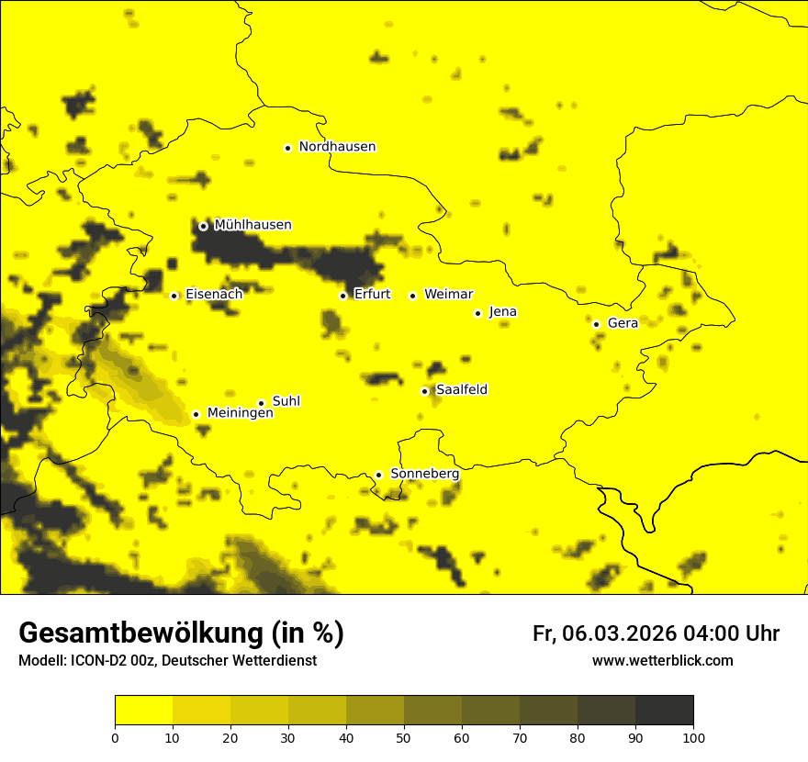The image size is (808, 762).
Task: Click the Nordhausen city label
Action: click(337, 147)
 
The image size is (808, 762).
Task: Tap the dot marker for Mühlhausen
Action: click(203, 226)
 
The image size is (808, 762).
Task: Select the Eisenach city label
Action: click(214, 295)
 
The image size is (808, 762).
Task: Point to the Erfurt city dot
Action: click(342, 296)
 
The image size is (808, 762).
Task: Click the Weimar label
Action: click(448, 295)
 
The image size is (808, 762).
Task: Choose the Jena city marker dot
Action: click(477, 313)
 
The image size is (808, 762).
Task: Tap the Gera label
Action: click(623, 323)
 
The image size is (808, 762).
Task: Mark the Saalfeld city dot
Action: click(424, 391)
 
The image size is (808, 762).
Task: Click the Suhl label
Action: click(286, 401)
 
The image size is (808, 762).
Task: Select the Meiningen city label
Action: click(241, 413)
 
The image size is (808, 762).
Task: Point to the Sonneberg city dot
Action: click(378, 475)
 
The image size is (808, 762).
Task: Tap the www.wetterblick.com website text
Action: click(662, 661)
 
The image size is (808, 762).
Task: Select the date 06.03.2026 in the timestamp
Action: click(619, 633)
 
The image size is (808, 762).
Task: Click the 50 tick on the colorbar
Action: click(404, 737)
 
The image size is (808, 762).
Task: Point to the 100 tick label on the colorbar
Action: click(693, 737)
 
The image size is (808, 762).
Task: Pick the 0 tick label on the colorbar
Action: click(115, 737)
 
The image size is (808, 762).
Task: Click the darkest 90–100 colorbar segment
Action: click(664, 711)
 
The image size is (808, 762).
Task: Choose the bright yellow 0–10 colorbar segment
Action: click(143, 711)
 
